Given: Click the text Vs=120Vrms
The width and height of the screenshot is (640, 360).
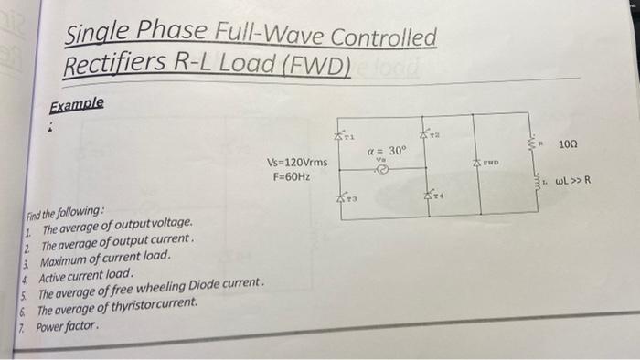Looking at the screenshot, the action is coord(294,163).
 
